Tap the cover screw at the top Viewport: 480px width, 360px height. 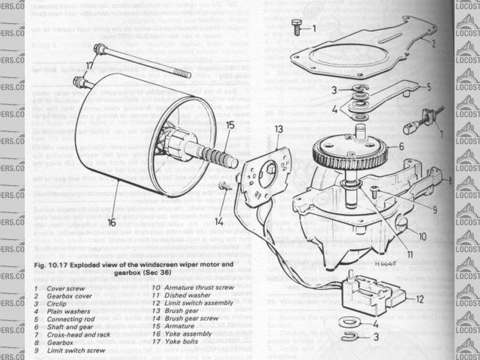point(294,28)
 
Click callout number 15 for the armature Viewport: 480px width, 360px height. point(230,125)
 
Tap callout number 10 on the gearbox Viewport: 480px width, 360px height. point(423,236)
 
